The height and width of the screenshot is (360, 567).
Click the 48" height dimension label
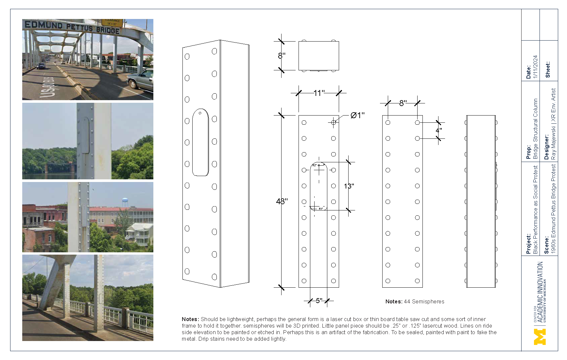(282, 201)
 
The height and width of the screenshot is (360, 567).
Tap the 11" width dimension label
(319, 93)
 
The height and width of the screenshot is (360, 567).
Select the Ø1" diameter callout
(357, 115)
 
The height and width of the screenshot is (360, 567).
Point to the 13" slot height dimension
(349, 186)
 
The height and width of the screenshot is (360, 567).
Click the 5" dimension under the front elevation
(319, 301)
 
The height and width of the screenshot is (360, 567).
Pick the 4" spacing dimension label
(438, 130)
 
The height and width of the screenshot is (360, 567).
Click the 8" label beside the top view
(282, 56)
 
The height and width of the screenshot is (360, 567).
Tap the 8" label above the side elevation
(403, 103)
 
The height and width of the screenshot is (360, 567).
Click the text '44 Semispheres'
(424, 302)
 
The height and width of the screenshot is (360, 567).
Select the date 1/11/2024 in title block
(535, 67)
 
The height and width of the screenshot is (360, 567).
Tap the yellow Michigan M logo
(540, 337)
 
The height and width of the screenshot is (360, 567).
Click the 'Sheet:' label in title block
(548, 69)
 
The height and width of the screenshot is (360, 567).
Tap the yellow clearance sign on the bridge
(112, 22)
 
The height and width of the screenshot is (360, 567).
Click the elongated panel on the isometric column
(200, 142)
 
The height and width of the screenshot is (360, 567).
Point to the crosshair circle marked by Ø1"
(333, 122)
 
